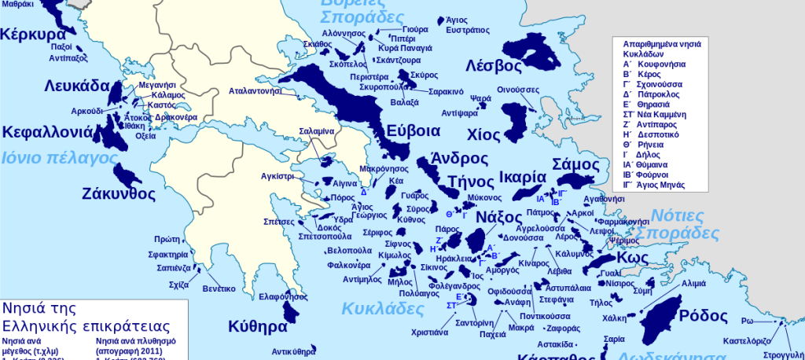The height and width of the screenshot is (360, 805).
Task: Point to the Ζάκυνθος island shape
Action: (126, 176)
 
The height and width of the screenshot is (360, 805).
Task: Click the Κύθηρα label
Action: (257, 326)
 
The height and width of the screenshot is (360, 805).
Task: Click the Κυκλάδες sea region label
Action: (377, 307)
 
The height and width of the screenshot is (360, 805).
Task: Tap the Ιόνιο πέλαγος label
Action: (59, 157)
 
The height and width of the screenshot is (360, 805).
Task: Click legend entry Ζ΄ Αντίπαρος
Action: (655, 124)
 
